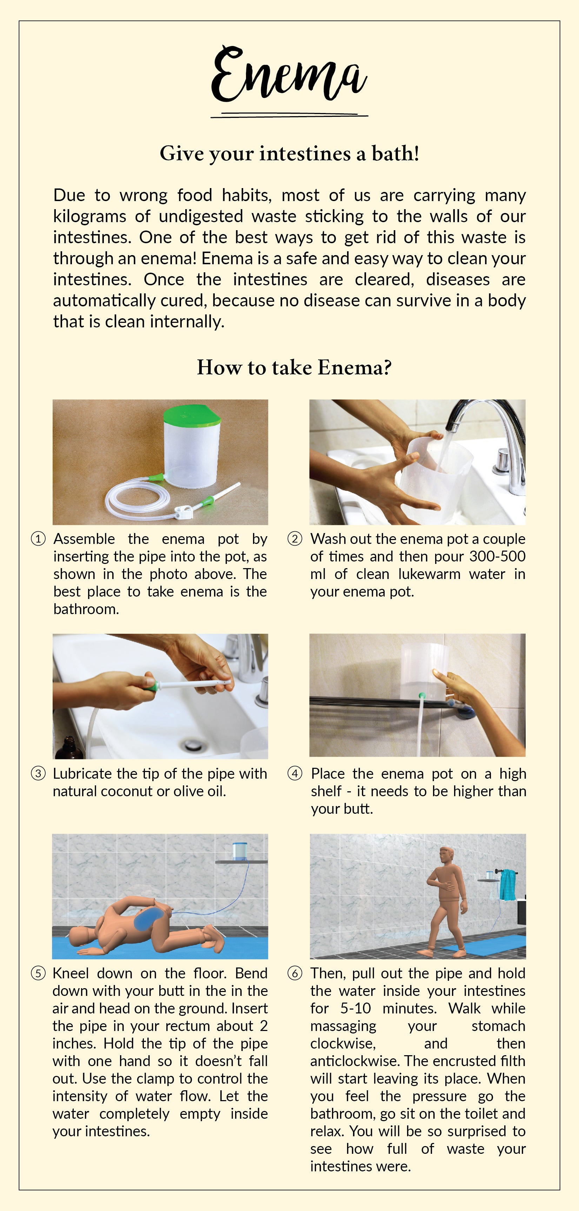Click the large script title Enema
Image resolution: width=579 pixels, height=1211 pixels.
pyautogui.click(x=289, y=74)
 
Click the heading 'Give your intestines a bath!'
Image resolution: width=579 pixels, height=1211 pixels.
pyautogui.click(x=289, y=154)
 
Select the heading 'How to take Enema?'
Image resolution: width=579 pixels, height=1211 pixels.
pyautogui.click(x=294, y=367)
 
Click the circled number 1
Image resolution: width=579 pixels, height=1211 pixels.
pyautogui.click(x=38, y=539)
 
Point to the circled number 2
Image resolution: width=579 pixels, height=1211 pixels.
pyautogui.click(x=295, y=539)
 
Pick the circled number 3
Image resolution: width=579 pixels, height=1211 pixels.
pyautogui.click(x=38, y=773)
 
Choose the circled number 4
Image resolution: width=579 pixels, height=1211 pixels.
pyautogui.click(x=295, y=773)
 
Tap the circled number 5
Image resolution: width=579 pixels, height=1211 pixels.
pyautogui.click(x=38, y=973)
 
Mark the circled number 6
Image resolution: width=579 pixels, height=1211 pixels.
pyautogui.click(x=295, y=973)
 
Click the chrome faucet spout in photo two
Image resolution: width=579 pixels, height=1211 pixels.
pyautogui.click(x=475, y=413)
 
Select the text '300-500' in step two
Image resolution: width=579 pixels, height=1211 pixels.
pyautogui.click(x=498, y=556)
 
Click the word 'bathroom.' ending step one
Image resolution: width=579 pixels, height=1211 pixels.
pyautogui.click(x=86, y=609)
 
